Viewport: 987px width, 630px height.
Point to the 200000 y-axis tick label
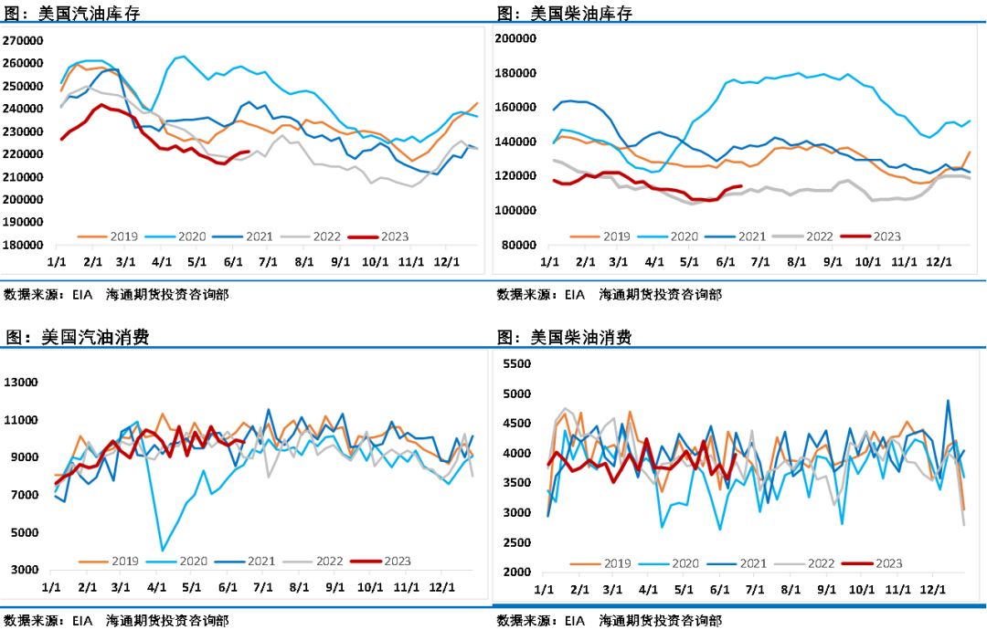point(515,38)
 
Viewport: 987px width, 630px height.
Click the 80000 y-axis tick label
point(518,245)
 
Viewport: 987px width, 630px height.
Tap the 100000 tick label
point(515,210)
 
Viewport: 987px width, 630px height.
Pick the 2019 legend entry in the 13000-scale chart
point(124,562)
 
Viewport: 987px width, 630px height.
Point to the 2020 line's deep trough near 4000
point(163,550)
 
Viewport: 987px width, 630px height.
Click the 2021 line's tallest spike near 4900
point(948,400)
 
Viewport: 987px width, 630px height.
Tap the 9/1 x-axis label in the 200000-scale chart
point(832,261)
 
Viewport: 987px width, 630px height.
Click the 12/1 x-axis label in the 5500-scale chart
point(931,589)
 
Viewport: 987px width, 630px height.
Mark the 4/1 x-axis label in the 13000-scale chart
point(156,586)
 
